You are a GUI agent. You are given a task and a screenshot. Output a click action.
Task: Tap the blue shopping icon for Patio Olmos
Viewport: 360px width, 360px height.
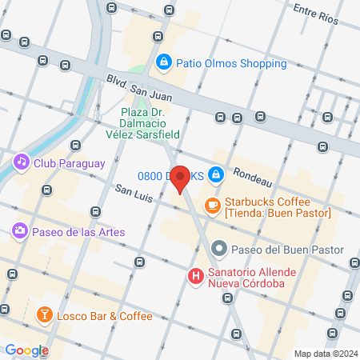[164, 61]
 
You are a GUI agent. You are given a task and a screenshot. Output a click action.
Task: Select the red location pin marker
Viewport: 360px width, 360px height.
[181, 178]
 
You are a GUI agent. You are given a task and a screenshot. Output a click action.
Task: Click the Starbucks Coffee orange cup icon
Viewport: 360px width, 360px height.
[212, 206]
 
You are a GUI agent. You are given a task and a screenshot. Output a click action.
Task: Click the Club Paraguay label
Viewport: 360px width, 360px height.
[70, 163]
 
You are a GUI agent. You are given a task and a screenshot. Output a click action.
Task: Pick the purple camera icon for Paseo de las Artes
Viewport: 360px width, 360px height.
[19, 232]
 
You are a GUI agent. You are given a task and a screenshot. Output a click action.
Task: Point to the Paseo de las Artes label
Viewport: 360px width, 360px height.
[79, 232]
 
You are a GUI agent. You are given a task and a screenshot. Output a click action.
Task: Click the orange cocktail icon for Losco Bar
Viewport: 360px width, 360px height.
[45, 316]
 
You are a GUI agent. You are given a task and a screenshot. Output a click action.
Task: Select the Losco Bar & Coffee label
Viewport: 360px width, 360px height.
[104, 316]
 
